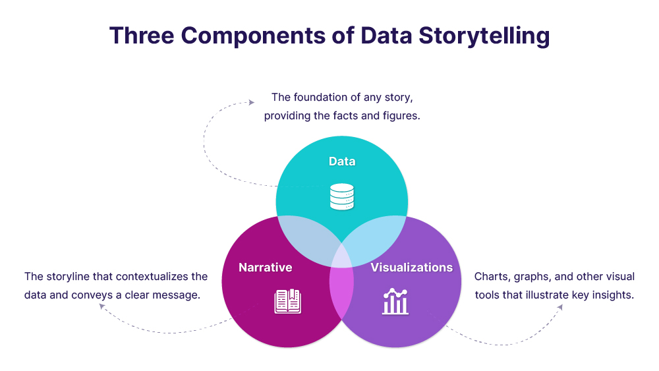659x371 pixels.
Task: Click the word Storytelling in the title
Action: [x=484, y=36]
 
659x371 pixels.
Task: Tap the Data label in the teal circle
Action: [x=342, y=161]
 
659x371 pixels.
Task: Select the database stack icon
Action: [x=341, y=197]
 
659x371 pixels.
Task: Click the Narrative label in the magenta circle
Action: [x=265, y=268]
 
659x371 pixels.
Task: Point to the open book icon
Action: [x=287, y=302]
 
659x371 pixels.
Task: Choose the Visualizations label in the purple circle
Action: [x=411, y=268]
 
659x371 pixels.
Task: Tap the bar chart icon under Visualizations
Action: [x=395, y=302]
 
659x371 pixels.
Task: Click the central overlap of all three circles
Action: [x=341, y=257]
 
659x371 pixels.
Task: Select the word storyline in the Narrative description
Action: [x=67, y=277]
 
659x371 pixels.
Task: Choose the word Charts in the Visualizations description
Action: [x=491, y=277]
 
